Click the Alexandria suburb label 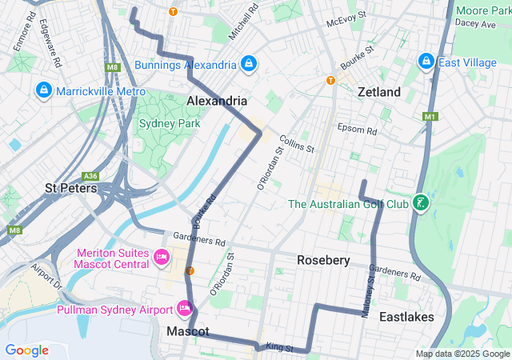pos(216,102)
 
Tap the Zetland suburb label pos(379,92)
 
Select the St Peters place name pos(71,189)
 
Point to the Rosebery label pos(323,260)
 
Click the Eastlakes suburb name pos(406,317)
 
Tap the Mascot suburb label pos(188,331)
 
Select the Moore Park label pos(483,10)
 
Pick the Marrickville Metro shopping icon pos(43,91)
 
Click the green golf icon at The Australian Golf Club pos(421,204)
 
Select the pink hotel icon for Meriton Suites pos(162,258)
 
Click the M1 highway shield pos(431,117)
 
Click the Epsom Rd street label pos(357,130)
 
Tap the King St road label pos(280,349)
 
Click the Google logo pos(27,350)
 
